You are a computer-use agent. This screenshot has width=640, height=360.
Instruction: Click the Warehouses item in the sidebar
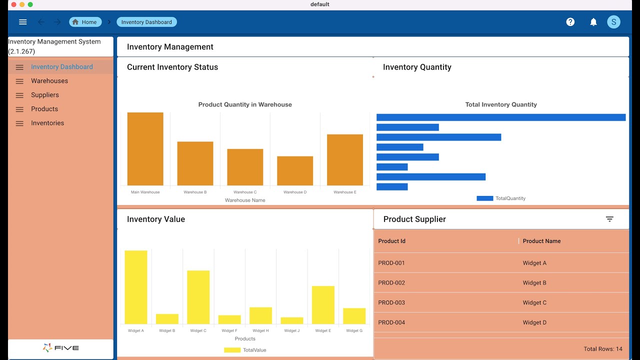click(49, 81)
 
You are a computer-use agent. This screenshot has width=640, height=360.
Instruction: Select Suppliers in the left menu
click(45, 95)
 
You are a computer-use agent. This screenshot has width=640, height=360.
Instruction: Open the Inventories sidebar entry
click(47, 123)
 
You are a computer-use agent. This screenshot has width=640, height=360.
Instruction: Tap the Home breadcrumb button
click(85, 22)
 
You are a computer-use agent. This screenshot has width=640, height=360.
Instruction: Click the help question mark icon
click(570, 22)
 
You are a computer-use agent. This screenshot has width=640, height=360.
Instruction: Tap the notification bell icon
click(593, 22)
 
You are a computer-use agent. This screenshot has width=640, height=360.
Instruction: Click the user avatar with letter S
click(613, 22)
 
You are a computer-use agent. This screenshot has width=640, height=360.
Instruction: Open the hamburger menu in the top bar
click(22, 22)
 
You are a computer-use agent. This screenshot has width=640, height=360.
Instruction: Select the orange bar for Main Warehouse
click(145, 149)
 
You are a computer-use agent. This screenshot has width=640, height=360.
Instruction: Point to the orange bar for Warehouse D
click(295, 171)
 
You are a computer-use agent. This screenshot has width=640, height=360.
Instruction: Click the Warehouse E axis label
click(345, 192)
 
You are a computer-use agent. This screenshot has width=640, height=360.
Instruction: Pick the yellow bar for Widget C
click(198, 297)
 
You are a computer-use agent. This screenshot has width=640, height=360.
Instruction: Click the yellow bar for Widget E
click(323, 305)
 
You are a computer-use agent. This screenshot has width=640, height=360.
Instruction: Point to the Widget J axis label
click(292, 330)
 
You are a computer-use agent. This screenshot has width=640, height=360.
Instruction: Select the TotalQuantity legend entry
click(501, 198)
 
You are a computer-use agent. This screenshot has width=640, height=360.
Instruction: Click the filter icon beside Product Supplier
click(609, 219)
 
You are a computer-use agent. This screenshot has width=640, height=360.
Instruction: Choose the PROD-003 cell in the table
click(391, 302)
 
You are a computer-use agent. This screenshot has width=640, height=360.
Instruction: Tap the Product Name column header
click(541, 241)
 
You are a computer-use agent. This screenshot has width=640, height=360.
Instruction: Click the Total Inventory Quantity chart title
click(501, 104)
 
